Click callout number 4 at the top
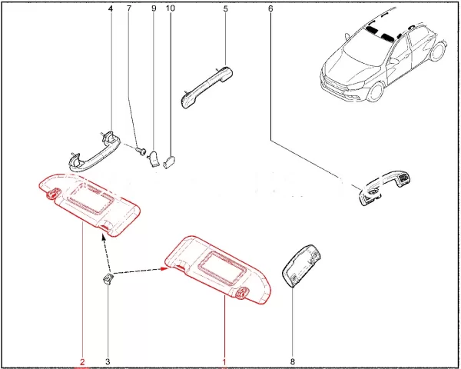111,8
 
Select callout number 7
129,8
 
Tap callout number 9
154,8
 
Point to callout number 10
171,8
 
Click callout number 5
225,8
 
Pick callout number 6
270,8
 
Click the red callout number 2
82,361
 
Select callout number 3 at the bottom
108,361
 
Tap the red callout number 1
224,361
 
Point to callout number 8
292,361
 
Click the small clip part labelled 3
108,278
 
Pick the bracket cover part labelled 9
154,159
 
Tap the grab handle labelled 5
207,87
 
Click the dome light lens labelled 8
301,265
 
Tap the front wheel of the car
376,91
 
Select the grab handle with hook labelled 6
385,188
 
